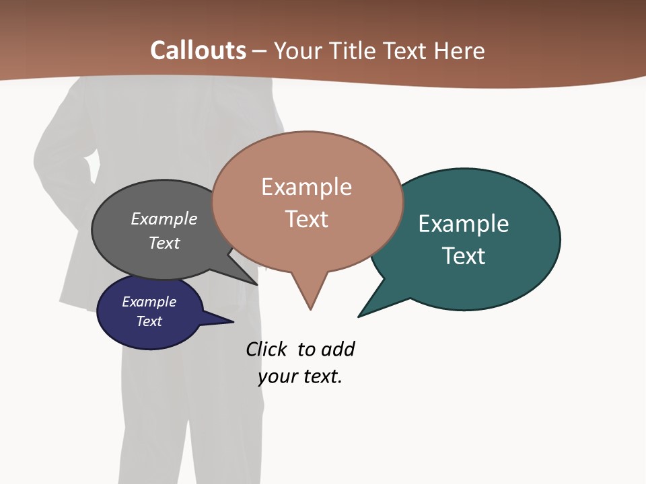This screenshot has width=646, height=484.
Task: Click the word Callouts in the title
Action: [198, 50]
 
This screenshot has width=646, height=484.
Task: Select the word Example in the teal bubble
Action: [464, 223]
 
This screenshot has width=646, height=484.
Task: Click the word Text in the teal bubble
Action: [464, 256]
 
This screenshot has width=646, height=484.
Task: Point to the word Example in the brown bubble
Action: [306, 186]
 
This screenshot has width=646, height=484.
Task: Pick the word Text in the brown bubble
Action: [306, 219]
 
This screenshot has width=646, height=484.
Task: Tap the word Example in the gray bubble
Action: [164, 218]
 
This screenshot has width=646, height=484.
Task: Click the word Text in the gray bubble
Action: [164, 243]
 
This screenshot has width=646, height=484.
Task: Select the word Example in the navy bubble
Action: [149, 302]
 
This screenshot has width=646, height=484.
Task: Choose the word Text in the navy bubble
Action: [149, 321]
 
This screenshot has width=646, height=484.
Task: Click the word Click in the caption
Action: [266, 349]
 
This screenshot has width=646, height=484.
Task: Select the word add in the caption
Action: [338, 349]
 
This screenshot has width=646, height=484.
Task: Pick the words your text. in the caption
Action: [300, 376]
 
